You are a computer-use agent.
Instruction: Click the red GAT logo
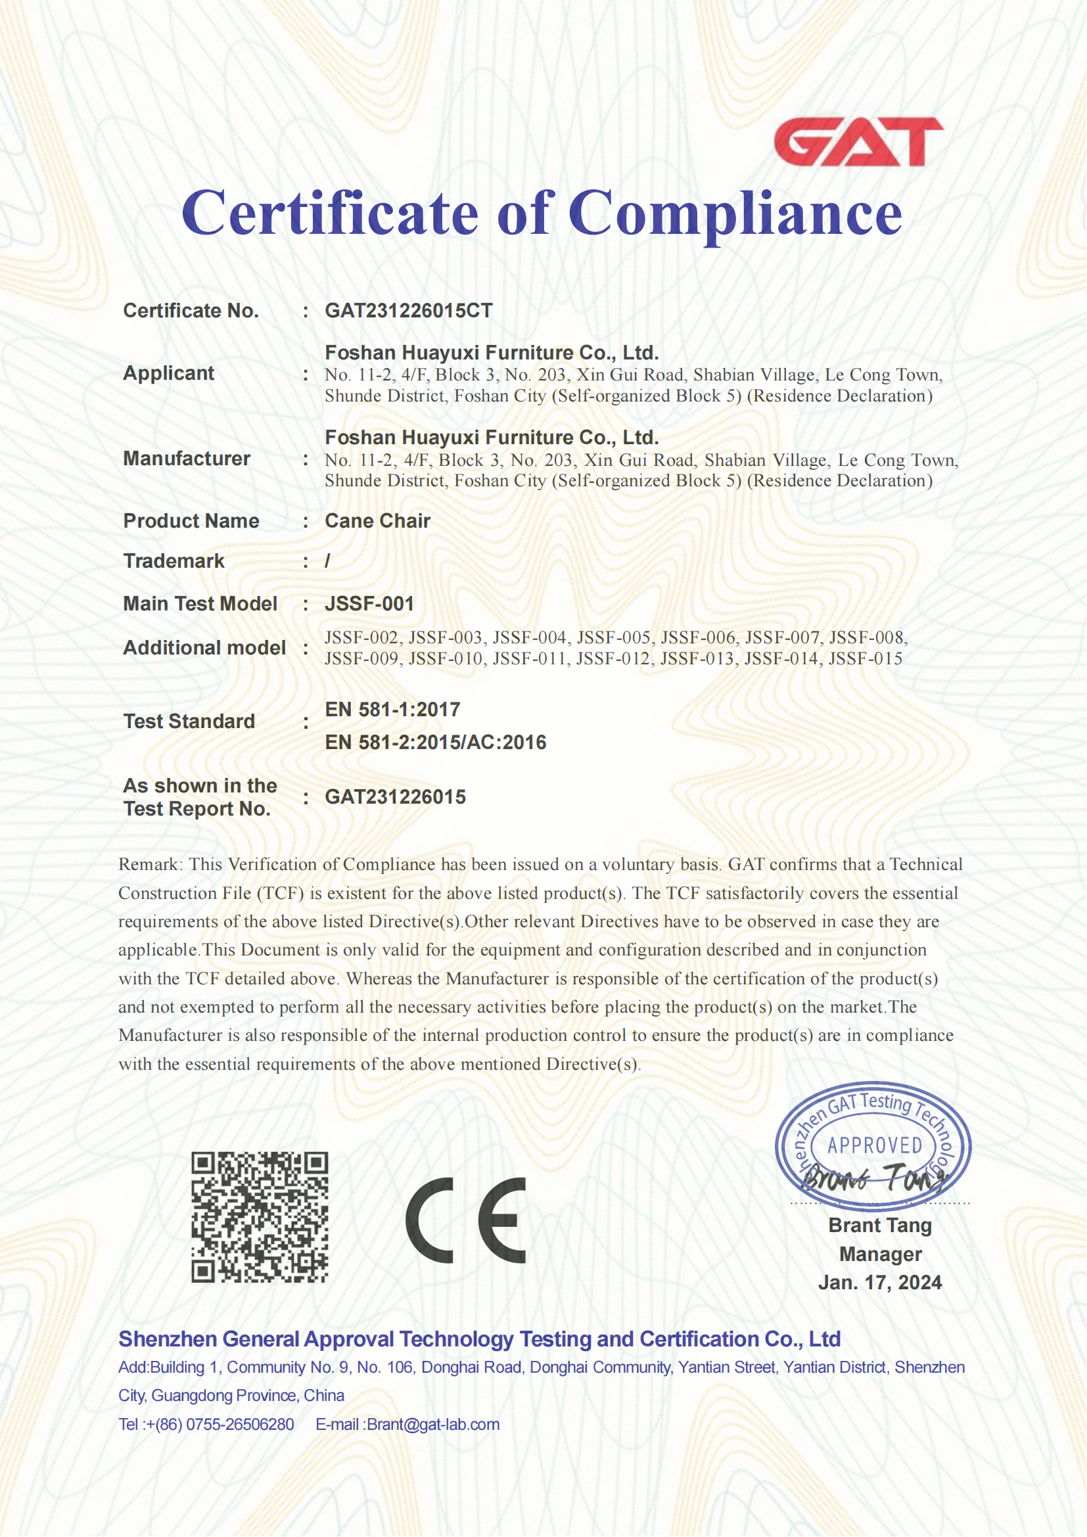point(858,142)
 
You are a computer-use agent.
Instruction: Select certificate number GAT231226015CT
point(408,311)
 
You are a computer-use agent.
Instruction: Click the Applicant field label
point(169,373)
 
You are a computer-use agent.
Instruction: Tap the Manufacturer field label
point(187,459)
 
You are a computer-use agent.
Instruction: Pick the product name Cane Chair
point(377,521)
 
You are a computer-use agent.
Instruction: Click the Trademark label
point(174,561)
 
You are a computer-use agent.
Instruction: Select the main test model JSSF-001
point(369,604)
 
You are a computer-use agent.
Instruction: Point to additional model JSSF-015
point(866,658)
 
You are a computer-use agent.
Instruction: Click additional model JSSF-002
point(362,637)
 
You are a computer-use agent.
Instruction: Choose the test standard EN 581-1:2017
point(392,710)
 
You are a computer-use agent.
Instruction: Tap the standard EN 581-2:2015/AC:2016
point(436,743)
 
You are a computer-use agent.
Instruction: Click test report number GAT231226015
point(395,797)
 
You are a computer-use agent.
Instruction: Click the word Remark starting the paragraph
point(149,865)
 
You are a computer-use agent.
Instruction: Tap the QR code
point(260,1217)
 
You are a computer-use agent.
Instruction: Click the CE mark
point(466,1220)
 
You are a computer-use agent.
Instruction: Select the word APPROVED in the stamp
point(875,1145)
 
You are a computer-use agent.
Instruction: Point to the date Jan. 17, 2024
point(879,1283)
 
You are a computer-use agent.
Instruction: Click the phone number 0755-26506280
point(240,1425)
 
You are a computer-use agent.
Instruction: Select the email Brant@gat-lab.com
point(433,1425)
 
